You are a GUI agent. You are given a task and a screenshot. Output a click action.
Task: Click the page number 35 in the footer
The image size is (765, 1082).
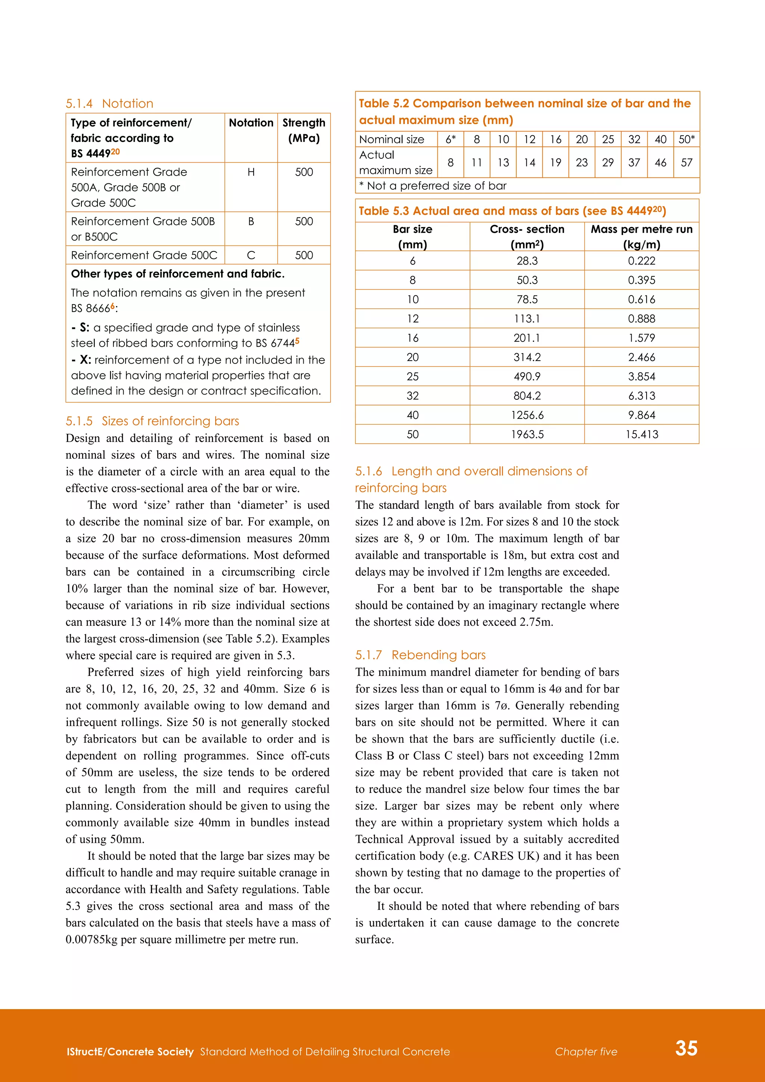tap(686, 1048)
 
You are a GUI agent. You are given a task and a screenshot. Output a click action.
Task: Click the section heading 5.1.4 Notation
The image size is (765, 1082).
tap(109, 103)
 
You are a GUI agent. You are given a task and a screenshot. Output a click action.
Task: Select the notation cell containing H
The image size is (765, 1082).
tap(251, 172)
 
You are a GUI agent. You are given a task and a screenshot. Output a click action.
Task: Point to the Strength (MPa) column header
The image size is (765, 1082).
tap(304, 130)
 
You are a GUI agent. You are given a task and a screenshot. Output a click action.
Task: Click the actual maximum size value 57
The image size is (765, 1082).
tap(686, 163)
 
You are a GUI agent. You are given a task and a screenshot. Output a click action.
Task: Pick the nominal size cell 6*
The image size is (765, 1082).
tap(450, 139)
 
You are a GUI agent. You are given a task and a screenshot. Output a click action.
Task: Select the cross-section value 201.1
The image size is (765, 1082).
tap(527, 338)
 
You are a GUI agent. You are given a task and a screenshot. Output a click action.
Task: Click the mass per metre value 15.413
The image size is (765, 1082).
tap(642, 435)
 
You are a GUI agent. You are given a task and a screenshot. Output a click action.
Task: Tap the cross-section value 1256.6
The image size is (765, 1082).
tap(527, 415)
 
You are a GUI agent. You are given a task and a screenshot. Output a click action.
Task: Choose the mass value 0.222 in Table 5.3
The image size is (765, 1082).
tap(642, 261)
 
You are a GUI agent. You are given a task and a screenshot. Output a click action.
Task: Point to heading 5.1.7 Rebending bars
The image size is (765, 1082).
tap(420, 655)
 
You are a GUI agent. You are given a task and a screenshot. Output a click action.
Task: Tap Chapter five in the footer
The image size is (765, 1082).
tap(586, 1051)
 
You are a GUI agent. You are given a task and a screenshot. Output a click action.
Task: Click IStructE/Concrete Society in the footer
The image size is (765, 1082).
tap(130, 1051)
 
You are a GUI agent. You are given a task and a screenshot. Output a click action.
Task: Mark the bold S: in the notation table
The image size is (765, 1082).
tap(84, 328)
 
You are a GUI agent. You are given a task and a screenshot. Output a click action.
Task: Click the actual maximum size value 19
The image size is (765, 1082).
tap(555, 163)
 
